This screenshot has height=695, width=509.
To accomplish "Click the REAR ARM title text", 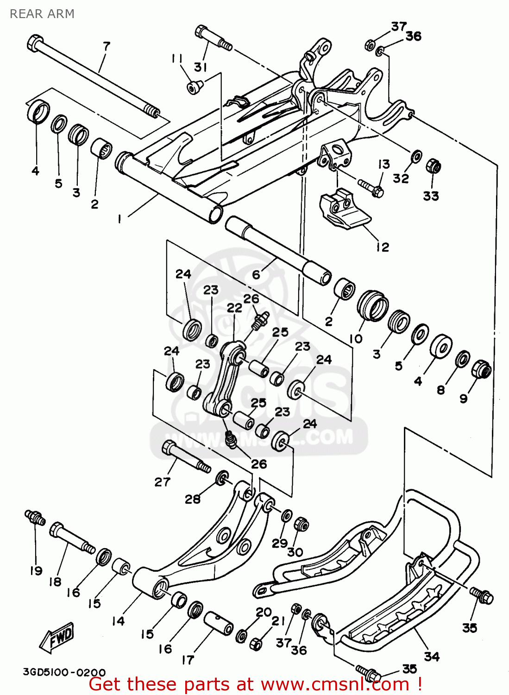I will point(42,14).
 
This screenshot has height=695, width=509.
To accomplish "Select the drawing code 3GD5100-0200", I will point(64,672).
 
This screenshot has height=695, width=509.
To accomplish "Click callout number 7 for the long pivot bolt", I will point(107,46).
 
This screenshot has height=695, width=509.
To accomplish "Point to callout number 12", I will point(383,247).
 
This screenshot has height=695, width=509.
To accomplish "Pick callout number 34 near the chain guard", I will point(432,656).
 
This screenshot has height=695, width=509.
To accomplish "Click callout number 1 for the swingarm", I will point(119,219).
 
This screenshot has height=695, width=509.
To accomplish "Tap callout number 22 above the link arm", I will point(234,308).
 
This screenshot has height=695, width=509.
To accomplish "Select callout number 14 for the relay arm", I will point(118,621).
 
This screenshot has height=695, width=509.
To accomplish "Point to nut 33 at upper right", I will point(433,166).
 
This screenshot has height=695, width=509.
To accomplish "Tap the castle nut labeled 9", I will point(481,370).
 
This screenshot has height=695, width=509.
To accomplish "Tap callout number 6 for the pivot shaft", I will point(256,274).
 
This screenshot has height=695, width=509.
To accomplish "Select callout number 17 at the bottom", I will point(188,660).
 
